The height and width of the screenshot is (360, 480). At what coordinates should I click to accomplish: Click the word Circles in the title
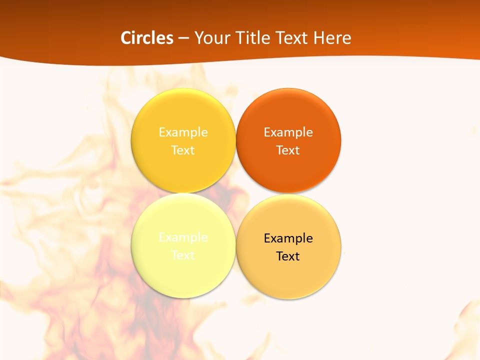(x=147, y=38)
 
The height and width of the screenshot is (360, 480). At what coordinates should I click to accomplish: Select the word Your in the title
(x=210, y=38)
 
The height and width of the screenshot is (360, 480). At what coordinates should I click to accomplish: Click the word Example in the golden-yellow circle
(x=183, y=132)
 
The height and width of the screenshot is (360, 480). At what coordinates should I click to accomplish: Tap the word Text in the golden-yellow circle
(x=183, y=150)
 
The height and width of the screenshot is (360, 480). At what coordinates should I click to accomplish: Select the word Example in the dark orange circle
(x=288, y=132)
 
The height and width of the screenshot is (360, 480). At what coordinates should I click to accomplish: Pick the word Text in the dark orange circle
(x=288, y=150)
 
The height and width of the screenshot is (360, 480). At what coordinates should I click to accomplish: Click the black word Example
(x=288, y=238)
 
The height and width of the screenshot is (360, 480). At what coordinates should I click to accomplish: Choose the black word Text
(x=288, y=256)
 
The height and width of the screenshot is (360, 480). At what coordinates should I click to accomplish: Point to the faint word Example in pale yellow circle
(x=183, y=237)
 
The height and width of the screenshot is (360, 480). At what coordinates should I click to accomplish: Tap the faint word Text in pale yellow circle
(x=183, y=255)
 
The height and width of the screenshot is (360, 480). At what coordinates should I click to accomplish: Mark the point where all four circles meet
(x=235, y=193)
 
